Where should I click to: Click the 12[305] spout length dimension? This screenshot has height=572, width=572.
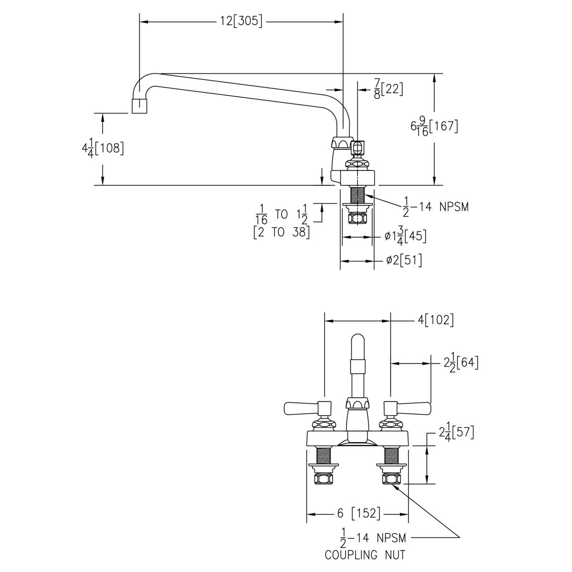241,21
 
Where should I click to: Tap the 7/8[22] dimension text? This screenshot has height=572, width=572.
388,89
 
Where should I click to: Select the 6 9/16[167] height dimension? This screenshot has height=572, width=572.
434,126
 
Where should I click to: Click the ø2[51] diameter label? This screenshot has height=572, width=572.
404,260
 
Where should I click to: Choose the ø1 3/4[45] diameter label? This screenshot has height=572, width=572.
406,236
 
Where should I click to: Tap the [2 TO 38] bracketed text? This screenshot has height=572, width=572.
281,233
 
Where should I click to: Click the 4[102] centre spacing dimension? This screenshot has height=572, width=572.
436,320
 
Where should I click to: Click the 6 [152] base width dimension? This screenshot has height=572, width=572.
359,513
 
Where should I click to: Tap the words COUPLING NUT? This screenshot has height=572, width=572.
365,554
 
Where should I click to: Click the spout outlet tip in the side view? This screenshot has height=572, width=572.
139,106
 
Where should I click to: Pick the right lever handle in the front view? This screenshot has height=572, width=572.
407,409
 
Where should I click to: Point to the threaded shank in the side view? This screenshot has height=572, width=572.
357,195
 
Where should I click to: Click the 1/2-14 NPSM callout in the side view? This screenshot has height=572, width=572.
436,207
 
